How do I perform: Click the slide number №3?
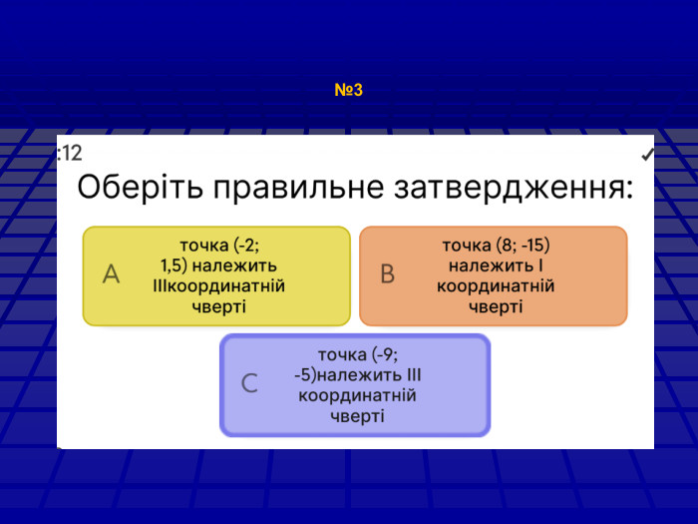(348, 91)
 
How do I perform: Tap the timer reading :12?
(70, 153)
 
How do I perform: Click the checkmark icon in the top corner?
(647, 155)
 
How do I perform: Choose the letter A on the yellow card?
(111, 274)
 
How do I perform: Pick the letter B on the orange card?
(388, 274)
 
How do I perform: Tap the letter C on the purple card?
(250, 383)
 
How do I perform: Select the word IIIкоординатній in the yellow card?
(218, 286)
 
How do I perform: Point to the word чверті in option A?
(218, 306)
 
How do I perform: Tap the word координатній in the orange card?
(496, 286)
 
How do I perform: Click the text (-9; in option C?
(378, 354)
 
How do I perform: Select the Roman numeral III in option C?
(418, 375)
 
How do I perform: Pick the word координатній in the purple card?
(357, 396)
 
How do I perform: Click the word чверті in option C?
(357, 416)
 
